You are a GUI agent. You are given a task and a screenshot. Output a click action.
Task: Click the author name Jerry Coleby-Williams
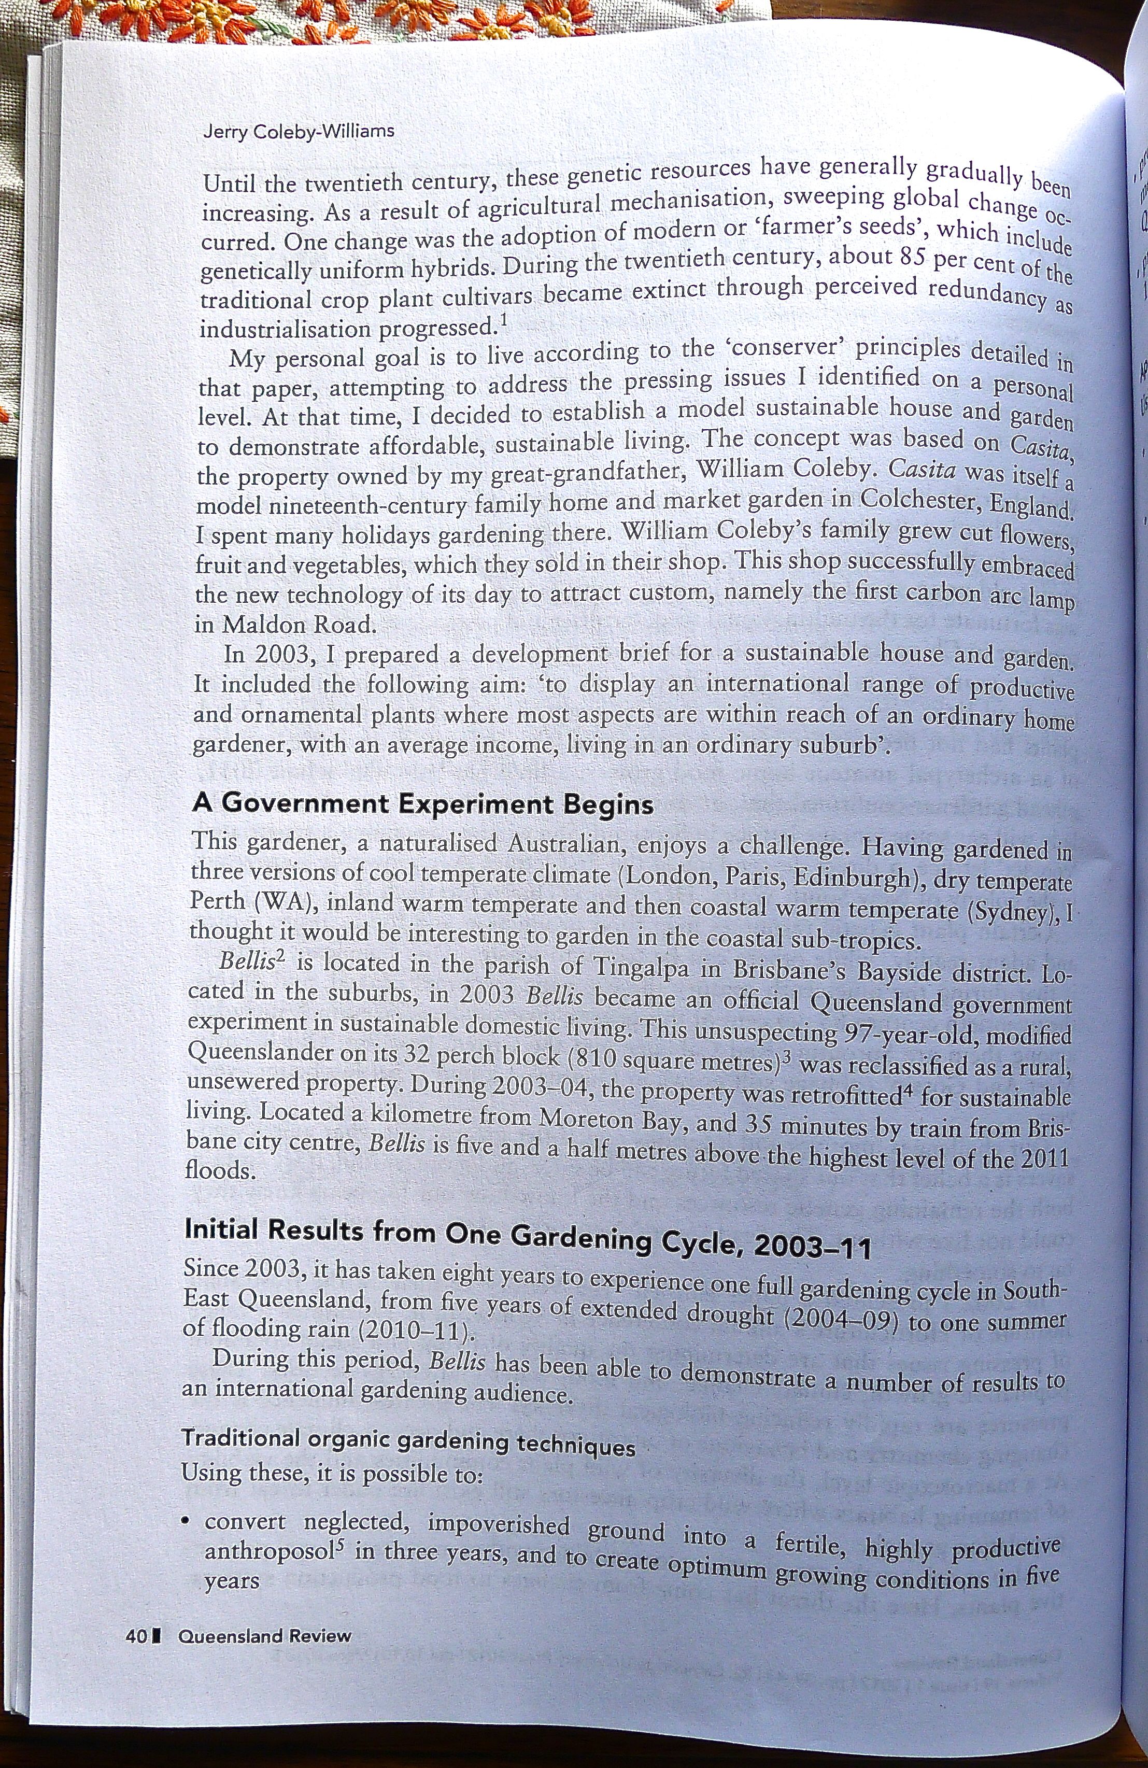click(298, 132)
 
